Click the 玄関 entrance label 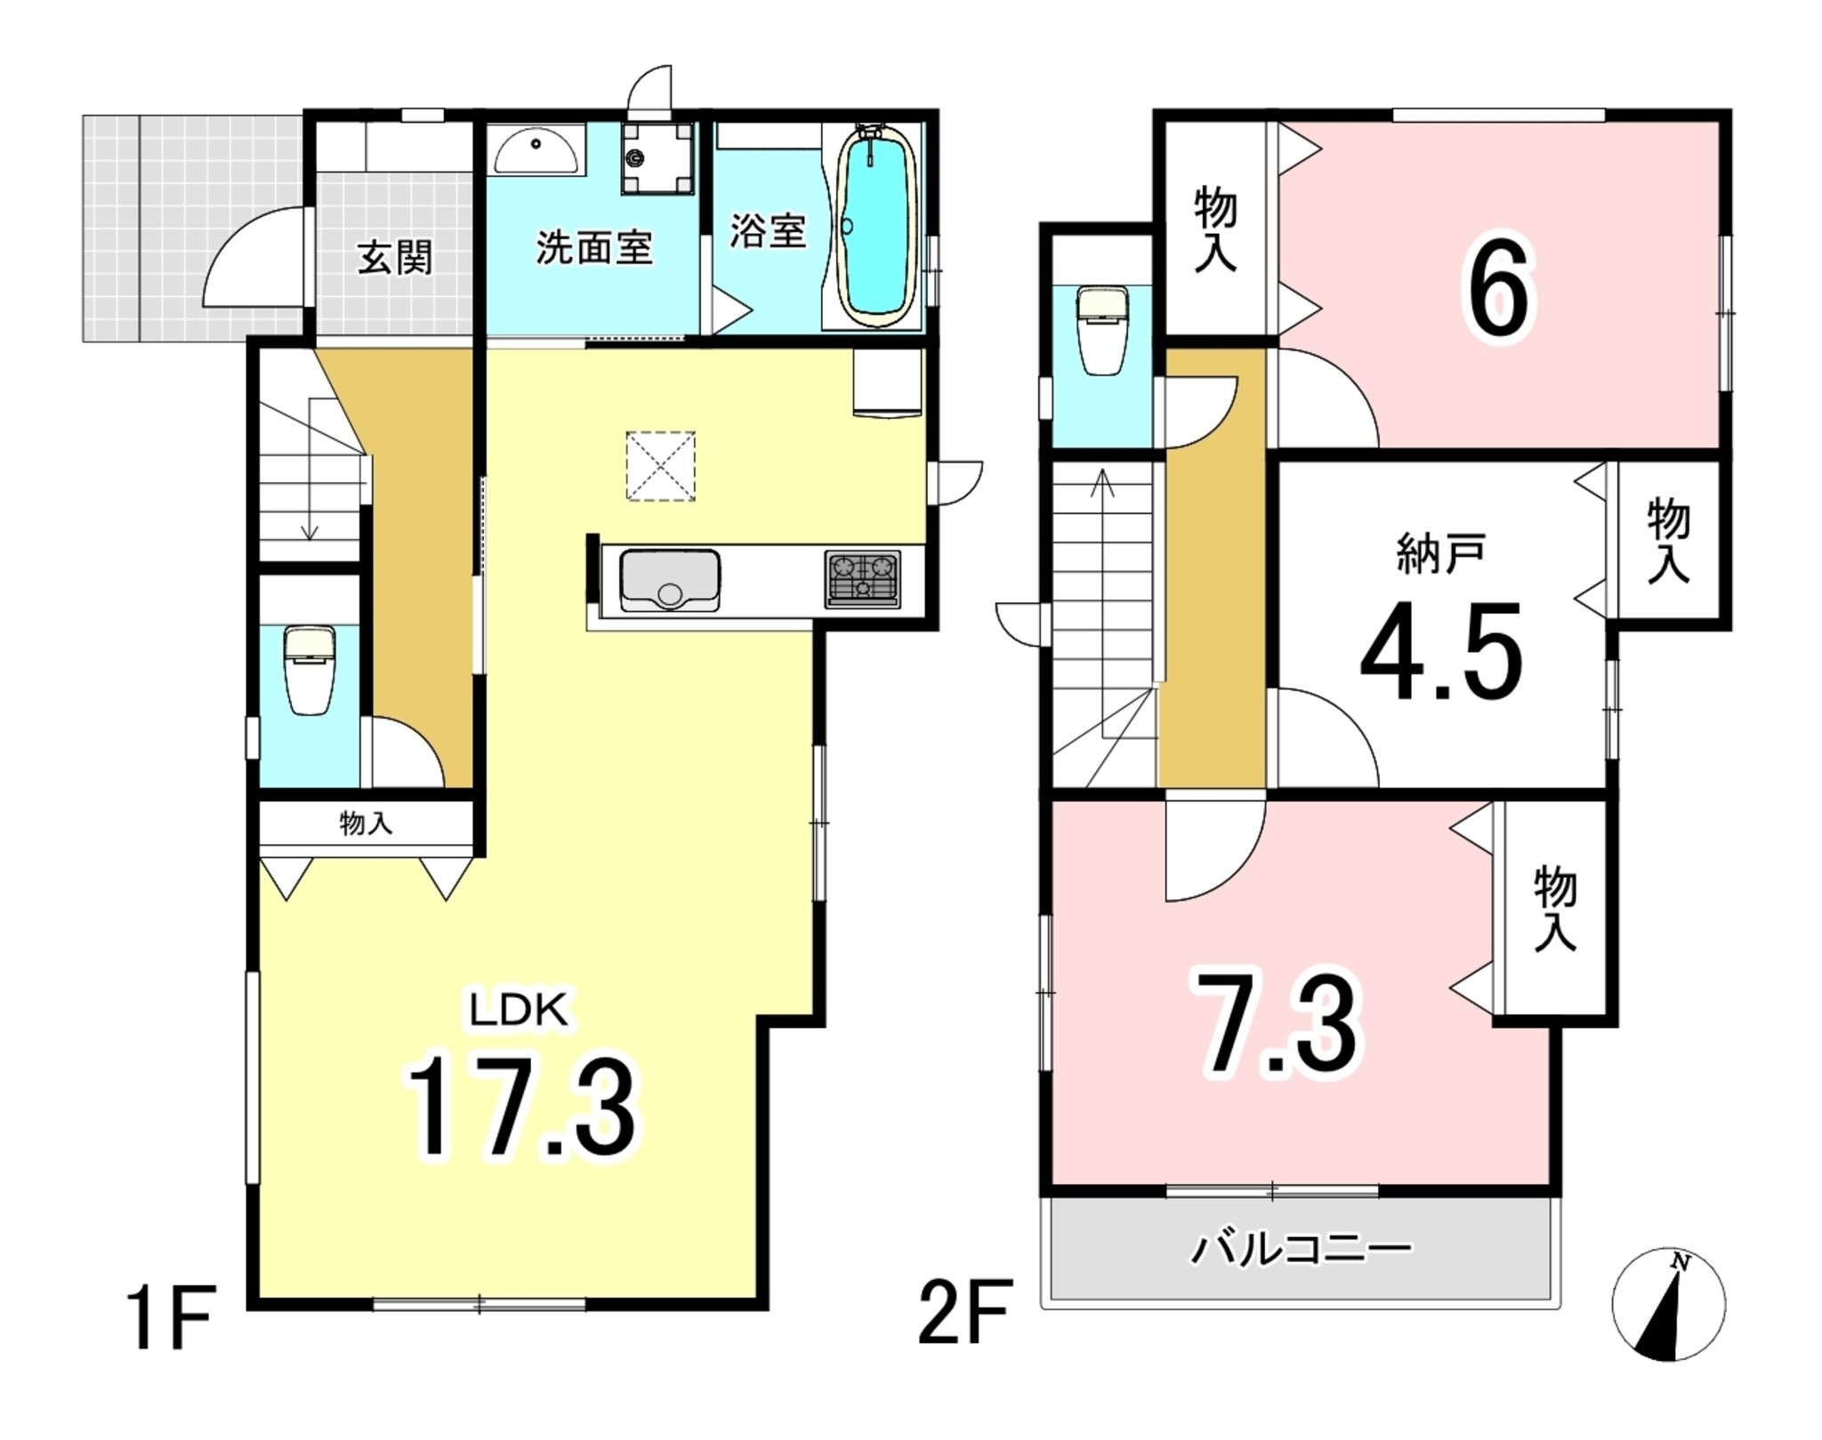[x=395, y=258]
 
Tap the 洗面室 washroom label [x=593, y=247]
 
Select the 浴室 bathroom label [x=769, y=230]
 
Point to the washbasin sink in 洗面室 [x=536, y=150]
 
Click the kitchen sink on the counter [x=670, y=580]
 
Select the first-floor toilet [x=310, y=669]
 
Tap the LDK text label [x=519, y=1011]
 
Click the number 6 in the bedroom [x=1500, y=290]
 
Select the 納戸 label [x=1440, y=555]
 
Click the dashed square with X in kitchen [x=661, y=466]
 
